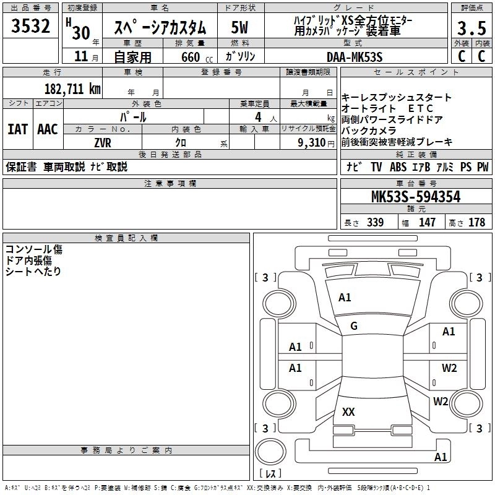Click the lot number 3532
click(31, 27)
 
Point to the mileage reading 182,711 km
click(72, 88)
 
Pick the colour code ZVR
click(102, 142)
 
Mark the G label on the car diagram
click(354, 326)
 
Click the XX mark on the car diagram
click(348, 411)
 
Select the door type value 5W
click(239, 28)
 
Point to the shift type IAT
click(18, 129)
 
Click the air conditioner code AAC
click(48, 129)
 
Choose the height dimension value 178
click(476, 223)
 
